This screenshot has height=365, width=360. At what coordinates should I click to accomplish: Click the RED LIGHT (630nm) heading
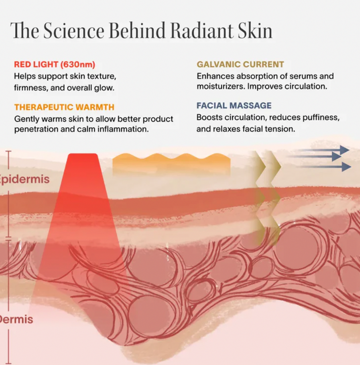click(54, 64)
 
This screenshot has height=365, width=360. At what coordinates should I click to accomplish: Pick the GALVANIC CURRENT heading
click(240, 64)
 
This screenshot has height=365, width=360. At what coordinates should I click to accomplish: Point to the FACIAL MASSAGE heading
click(234, 106)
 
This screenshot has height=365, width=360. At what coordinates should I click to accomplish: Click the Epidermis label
click(24, 179)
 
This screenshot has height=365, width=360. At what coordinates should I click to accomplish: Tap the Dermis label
click(17, 319)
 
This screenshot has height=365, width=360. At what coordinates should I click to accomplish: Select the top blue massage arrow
click(322, 150)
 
